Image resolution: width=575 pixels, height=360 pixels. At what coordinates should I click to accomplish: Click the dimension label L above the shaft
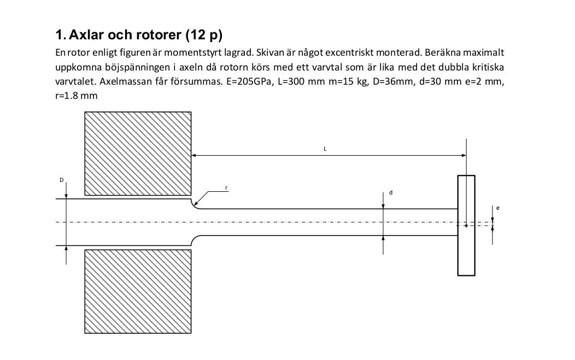[325, 149]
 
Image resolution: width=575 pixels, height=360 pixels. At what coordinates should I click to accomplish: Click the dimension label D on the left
[62, 180]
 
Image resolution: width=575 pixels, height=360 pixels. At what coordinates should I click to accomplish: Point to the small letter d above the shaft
[391, 193]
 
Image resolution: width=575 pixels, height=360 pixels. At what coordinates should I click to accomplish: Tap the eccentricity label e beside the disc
[498, 208]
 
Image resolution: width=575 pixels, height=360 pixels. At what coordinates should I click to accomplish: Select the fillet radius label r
[226, 188]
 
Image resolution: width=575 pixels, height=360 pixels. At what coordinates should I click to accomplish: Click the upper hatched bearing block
[138, 153]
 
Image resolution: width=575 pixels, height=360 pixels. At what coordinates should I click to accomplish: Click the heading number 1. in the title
[61, 36]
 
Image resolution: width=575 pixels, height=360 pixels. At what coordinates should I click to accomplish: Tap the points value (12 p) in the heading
[204, 36]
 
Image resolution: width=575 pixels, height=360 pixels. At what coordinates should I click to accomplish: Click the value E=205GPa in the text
[248, 81]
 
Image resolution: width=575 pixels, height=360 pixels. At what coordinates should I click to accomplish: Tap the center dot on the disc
[466, 225]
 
